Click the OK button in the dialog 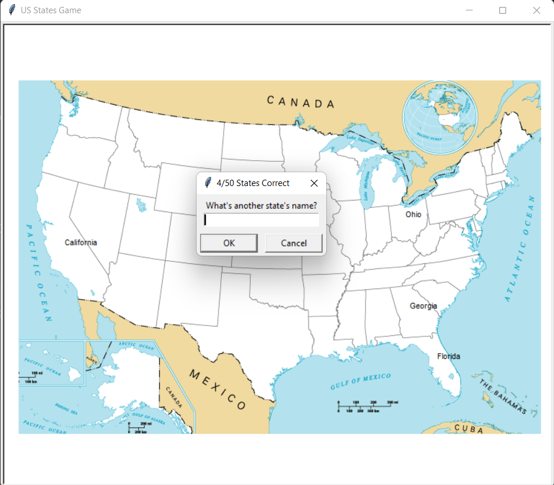point(229,243)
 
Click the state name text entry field point(261,220)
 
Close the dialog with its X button point(314,183)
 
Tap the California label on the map point(81,242)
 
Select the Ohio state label point(413,214)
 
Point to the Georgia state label point(423,306)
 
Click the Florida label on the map point(449,357)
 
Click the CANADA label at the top point(300,102)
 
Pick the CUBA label point(469,428)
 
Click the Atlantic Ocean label point(520,248)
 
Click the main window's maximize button point(503,10)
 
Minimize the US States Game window point(469,10)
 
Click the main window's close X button point(537,10)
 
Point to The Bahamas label point(503,397)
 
